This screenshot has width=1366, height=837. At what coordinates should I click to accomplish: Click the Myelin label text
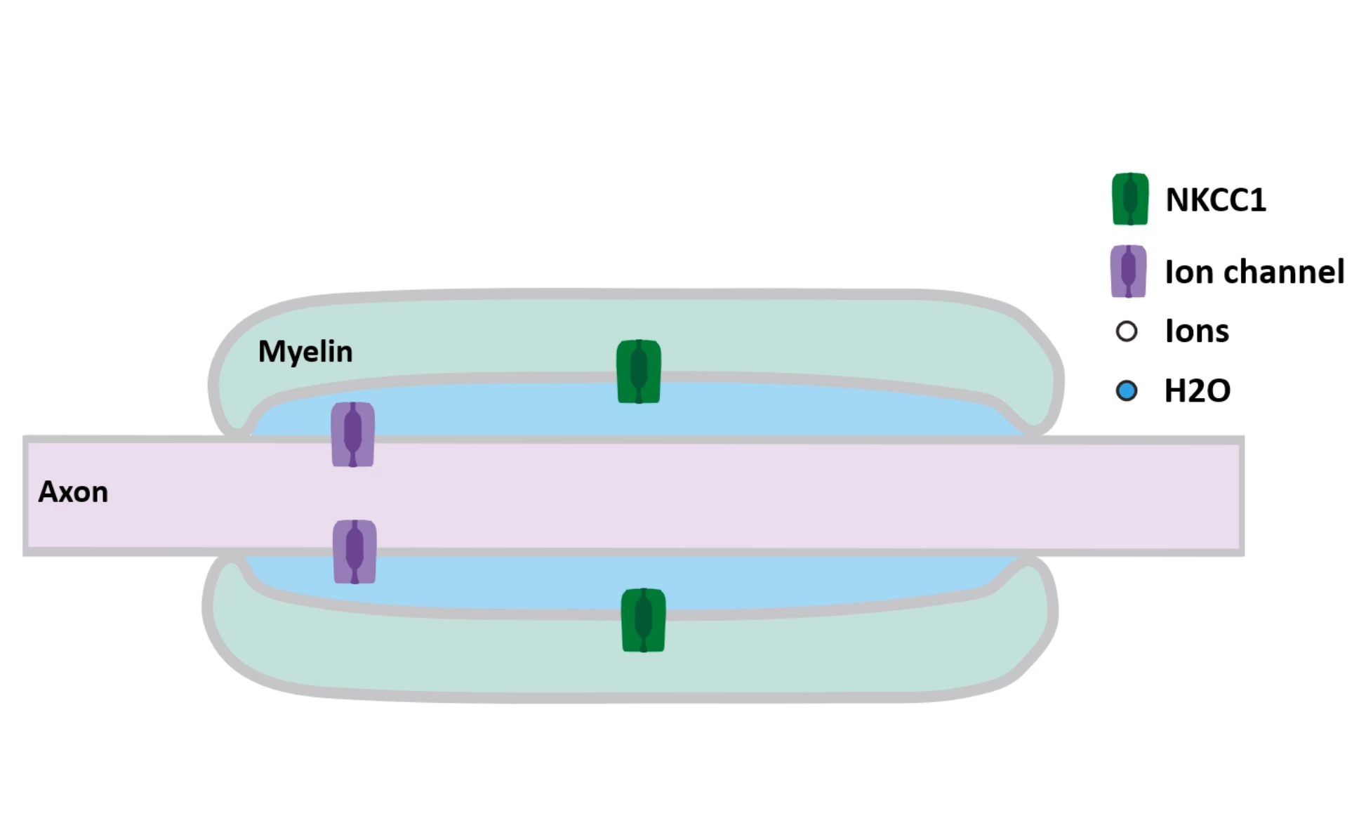point(305,352)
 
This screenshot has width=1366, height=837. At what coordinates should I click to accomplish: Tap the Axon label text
point(73,492)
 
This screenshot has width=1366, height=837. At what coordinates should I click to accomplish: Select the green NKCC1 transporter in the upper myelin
point(639,371)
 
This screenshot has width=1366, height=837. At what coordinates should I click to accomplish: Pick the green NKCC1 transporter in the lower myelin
point(644,620)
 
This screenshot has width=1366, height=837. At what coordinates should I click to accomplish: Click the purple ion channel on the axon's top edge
point(353,434)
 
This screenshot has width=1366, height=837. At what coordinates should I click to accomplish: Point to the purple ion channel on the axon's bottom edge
point(354,552)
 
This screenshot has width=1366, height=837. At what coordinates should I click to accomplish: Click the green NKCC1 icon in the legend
point(1130,199)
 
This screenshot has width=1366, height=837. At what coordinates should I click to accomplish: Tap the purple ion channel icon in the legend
point(1129,271)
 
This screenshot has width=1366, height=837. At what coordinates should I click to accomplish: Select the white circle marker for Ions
point(1127,331)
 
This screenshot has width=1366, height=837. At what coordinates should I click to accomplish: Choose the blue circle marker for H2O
point(1127,390)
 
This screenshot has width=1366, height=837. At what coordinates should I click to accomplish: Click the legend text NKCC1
point(1216,200)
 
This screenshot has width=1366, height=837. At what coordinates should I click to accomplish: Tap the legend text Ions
point(1197,331)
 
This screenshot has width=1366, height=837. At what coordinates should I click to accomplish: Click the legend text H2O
point(1198,390)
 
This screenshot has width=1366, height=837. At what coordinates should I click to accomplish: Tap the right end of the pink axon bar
point(1241,496)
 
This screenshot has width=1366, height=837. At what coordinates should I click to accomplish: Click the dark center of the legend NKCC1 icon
point(1130,197)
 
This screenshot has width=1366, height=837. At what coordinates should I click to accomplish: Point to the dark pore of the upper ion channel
point(353,433)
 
